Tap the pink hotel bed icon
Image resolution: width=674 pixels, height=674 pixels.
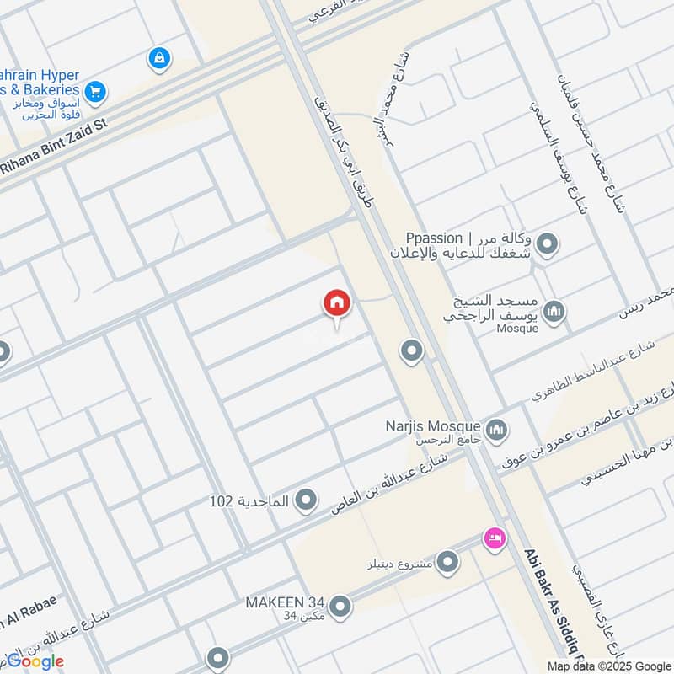point(494,537)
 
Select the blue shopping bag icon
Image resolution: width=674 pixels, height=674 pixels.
point(158,58)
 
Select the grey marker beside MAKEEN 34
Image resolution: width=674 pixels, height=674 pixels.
point(340,606)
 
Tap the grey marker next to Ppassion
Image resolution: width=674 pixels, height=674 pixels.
point(548,244)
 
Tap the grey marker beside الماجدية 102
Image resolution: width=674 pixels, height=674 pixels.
point(307,501)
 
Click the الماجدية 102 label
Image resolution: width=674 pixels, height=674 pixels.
point(249,501)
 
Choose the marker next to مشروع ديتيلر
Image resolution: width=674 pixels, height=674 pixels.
point(447,561)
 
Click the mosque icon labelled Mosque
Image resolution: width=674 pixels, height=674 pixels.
point(554,313)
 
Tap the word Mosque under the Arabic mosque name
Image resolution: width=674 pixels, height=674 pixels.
point(517,329)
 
